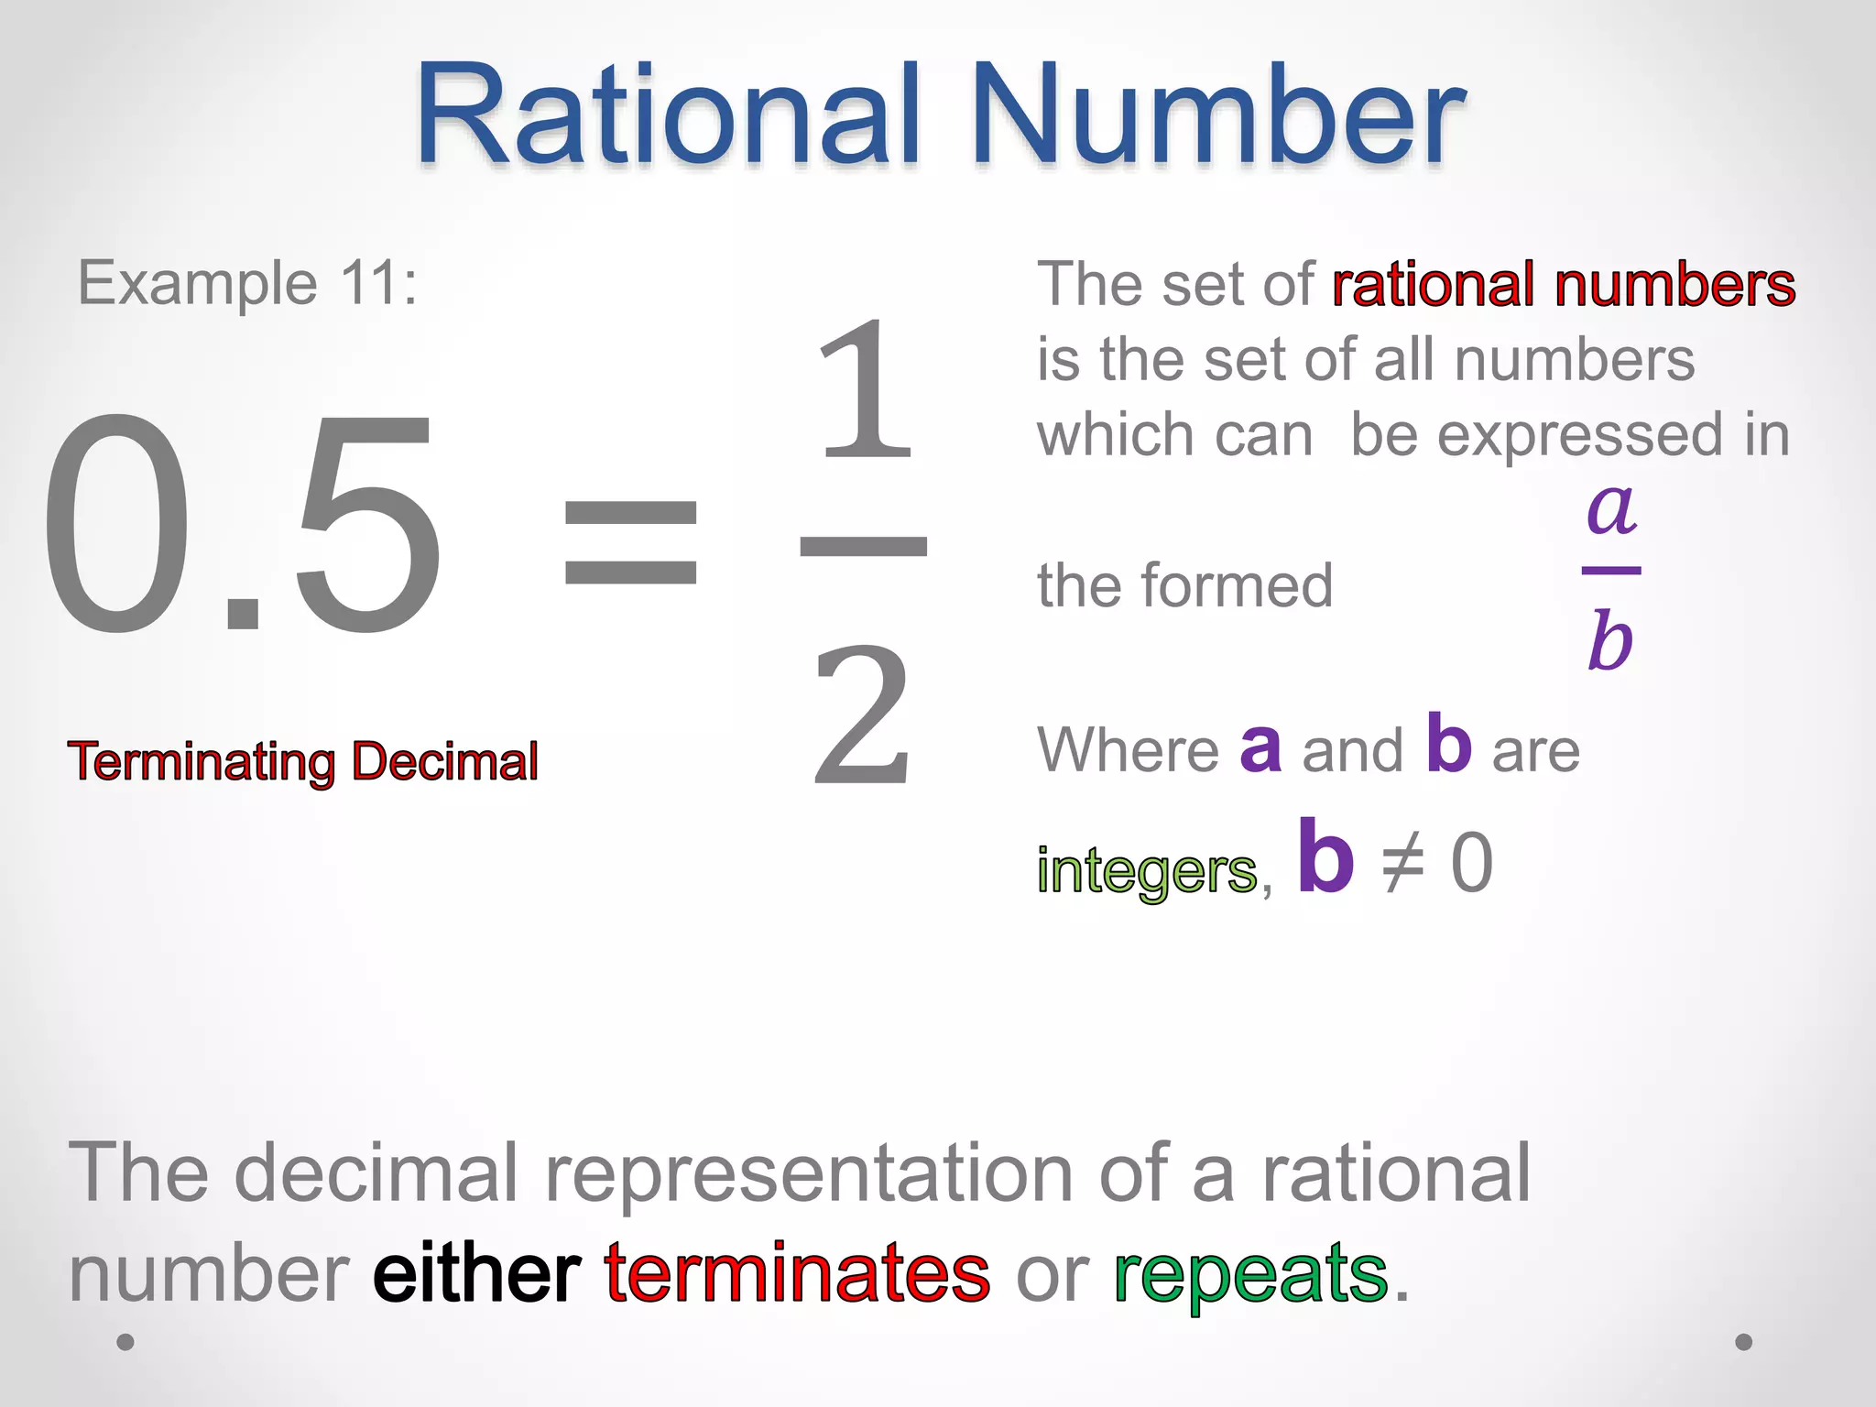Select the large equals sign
click(x=630, y=542)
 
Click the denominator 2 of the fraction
click(x=863, y=714)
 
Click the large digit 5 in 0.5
click(x=366, y=527)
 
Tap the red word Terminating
click(x=202, y=762)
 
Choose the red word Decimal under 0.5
click(x=445, y=762)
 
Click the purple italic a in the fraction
click(x=1611, y=508)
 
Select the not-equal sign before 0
click(x=1402, y=864)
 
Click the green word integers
click(x=1146, y=870)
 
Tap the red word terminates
click(x=797, y=1273)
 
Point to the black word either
click(x=476, y=1273)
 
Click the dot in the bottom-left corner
click(x=125, y=1342)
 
